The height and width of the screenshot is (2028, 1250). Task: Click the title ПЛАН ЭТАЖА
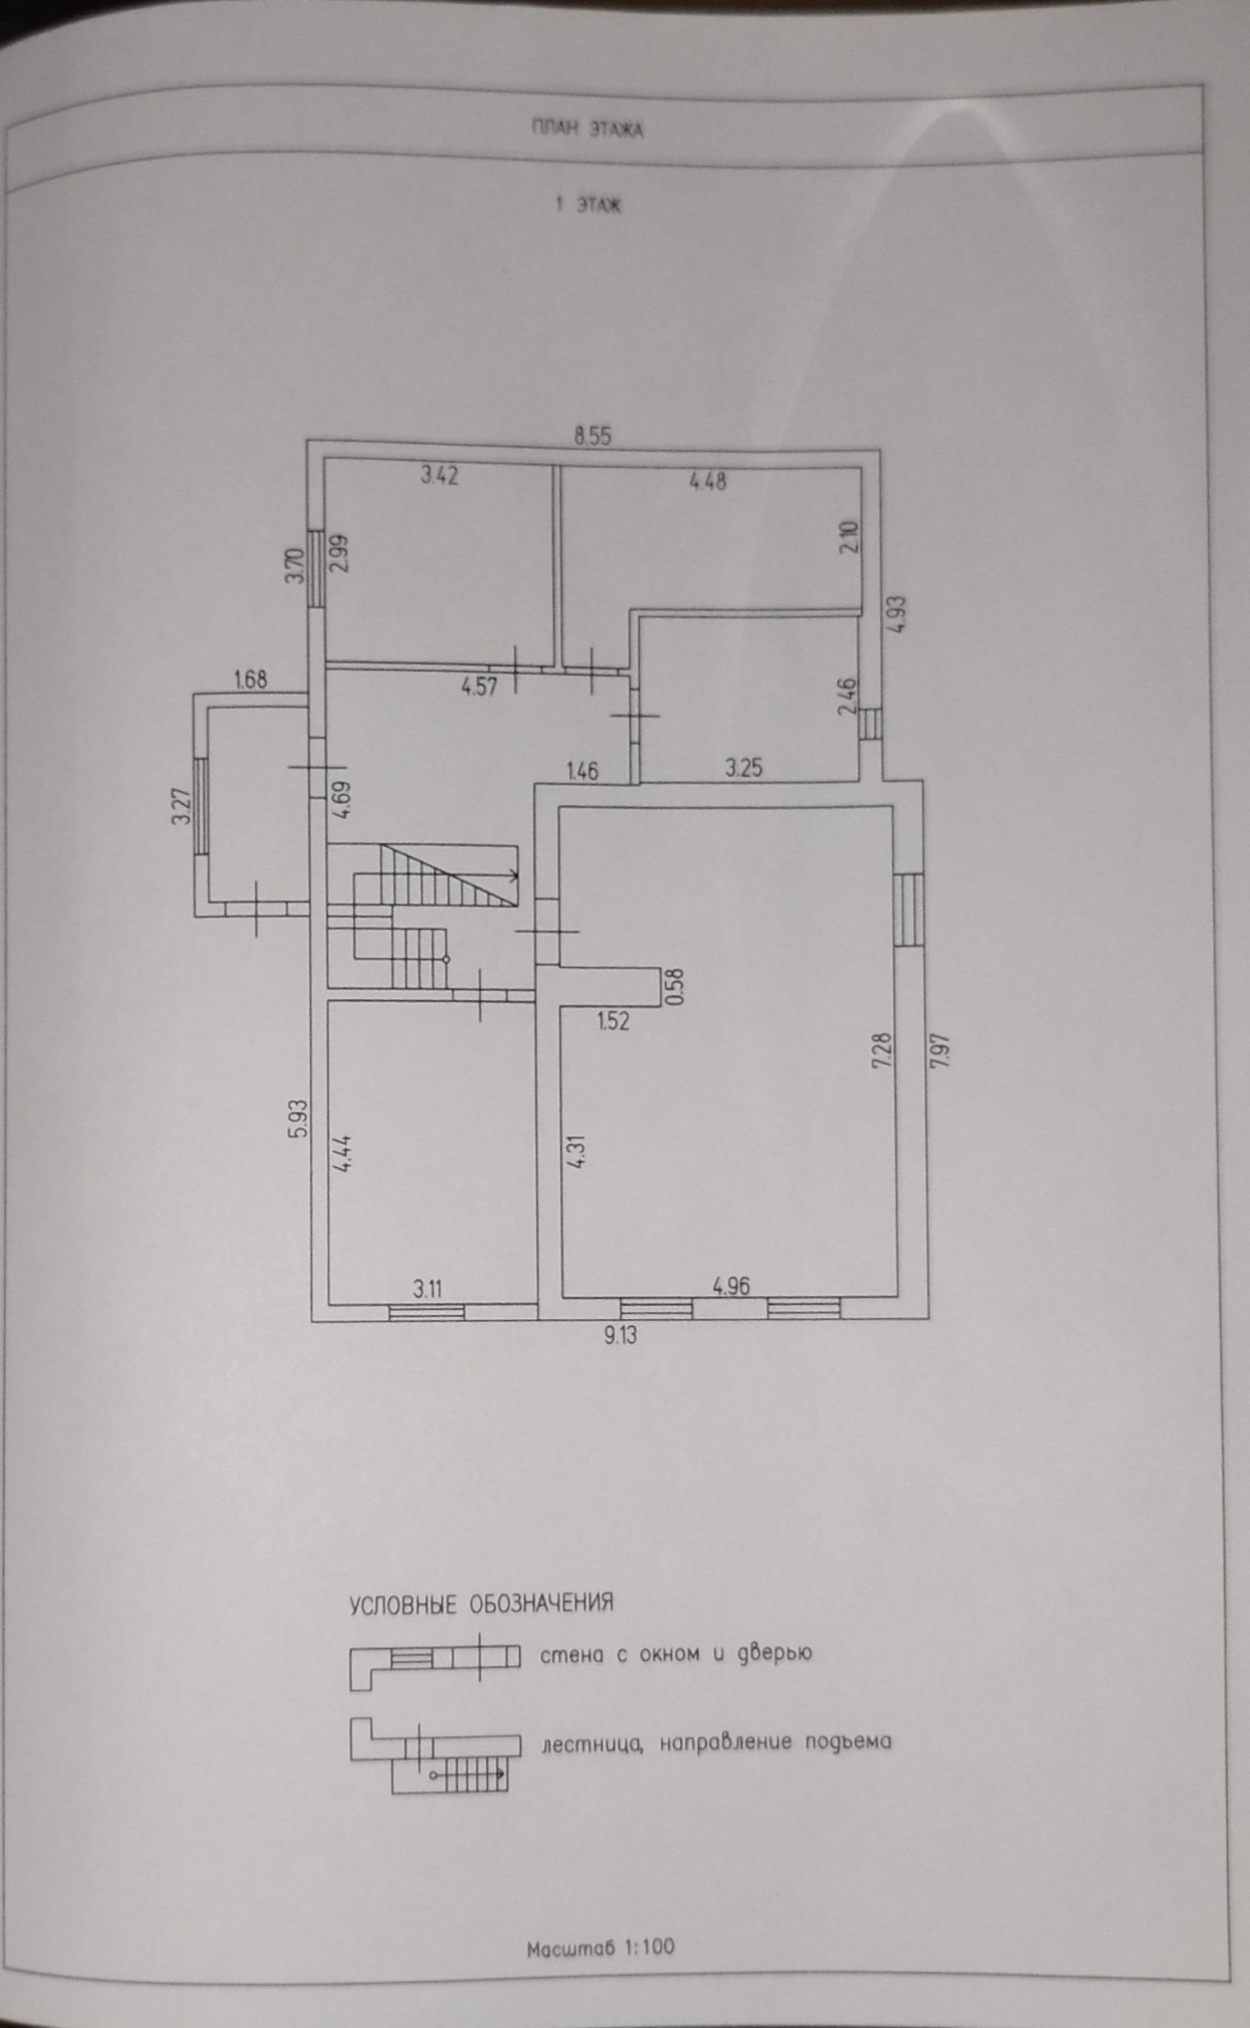point(587,130)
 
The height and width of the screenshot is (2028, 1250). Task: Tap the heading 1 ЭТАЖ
point(589,206)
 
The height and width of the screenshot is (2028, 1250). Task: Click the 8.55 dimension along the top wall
point(593,437)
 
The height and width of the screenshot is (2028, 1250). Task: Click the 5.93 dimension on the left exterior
point(299,1118)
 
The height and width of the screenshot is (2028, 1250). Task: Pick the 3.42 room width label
point(439,475)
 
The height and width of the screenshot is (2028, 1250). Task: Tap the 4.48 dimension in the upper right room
point(708,480)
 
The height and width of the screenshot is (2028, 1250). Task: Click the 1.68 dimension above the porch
point(251,680)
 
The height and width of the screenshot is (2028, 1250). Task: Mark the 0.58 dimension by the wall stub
point(676,984)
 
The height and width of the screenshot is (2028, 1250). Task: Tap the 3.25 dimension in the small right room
point(744,769)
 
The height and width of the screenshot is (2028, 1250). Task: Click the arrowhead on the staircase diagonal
point(514,874)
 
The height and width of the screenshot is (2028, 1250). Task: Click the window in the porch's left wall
point(200,807)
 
